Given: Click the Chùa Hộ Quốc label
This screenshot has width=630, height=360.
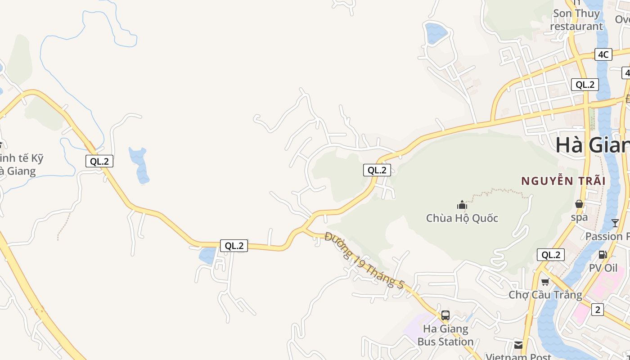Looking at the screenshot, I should click(462, 218).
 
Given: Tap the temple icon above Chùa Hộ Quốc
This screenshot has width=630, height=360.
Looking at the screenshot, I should click(462, 205).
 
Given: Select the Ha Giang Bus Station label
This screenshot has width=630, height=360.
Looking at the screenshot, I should click(445, 335).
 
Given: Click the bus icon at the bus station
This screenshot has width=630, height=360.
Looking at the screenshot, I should click(445, 315).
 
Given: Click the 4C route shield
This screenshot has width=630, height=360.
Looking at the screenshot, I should click(603, 54).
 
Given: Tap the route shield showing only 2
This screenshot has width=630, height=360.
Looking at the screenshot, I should click(597, 310).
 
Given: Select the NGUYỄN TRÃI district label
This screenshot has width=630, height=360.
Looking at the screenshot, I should click(563, 181).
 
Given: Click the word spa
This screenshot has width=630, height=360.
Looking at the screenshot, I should click(579, 217).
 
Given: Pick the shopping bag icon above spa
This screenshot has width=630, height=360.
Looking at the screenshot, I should click(579, 204).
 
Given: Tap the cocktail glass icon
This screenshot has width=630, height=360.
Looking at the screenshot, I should click(615, 223).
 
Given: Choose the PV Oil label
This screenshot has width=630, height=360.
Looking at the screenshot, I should click(603, 268).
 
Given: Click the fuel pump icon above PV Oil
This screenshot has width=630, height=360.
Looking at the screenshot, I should click(603, 255).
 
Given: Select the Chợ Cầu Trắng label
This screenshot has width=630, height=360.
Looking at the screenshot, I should click(545, 295).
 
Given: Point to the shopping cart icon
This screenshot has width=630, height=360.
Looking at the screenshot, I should click(545, 282).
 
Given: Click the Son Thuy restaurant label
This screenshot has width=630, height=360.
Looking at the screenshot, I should click(576, 20).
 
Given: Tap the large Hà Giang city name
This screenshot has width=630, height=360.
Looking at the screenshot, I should click(592, 145).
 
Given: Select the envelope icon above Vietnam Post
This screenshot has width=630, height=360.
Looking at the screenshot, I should click(518, 345).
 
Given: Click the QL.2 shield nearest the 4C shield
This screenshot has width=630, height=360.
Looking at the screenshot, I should click(585, 84).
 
